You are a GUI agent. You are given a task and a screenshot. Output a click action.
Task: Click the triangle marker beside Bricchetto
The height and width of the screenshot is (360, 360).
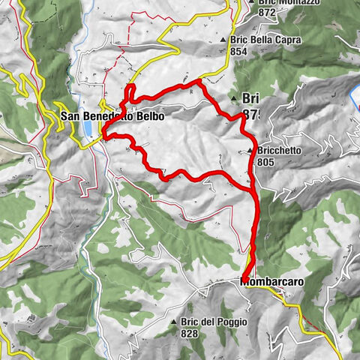(x=250, y=151)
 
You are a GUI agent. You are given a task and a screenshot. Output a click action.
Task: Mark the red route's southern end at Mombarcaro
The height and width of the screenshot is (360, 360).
(x=245, y=280)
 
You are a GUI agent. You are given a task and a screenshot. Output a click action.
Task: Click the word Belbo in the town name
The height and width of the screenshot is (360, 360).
(x=147, y=116)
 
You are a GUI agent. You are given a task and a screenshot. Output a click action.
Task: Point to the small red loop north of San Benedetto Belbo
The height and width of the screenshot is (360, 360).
(x=130, y=91)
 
